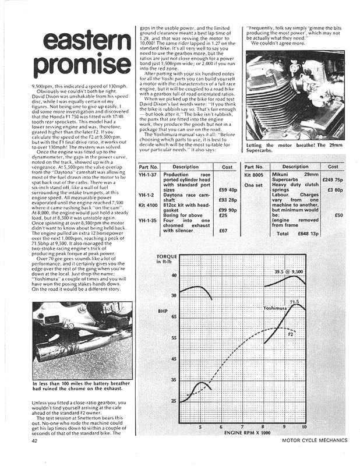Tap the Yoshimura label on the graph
pos(276,307)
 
